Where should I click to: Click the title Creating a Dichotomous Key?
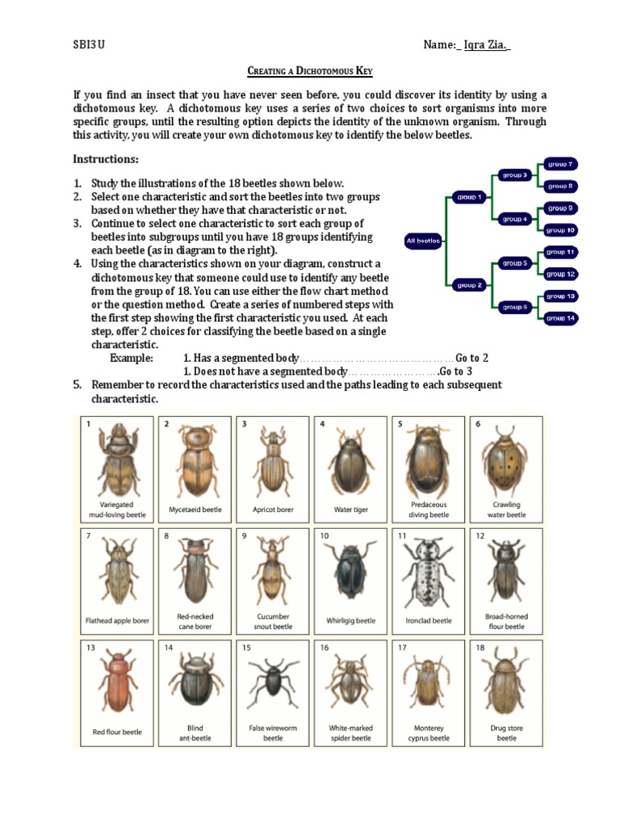(x=309, y=72)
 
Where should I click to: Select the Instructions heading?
(x=106, y=158)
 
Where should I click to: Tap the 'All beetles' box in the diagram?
(x=423, y=240)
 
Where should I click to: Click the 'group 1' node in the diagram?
(x=469, y=196)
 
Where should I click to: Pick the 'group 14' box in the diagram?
(x=560, y=318)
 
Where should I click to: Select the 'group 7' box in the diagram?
(x=560, y=164)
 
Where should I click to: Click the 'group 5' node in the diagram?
(x=514, y=262)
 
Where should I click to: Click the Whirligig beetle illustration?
(x=350, y=575)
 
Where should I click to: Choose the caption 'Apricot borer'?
(x=273, y=510)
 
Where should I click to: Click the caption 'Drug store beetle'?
(x=506, y=733)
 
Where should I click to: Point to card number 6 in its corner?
(x=478, y=424)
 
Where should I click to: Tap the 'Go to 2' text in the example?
(x=472, y=358)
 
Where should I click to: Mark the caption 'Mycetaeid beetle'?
(x=194, y=510)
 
